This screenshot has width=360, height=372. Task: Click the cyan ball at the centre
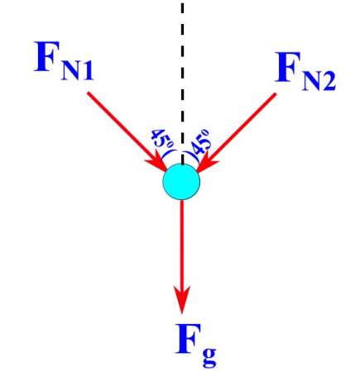click(181, 182)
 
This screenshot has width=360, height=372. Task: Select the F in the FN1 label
click(52, 59)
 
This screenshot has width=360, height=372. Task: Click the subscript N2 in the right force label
click(320, 82)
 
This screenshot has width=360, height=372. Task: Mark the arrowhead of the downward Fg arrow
click(181, 298)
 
